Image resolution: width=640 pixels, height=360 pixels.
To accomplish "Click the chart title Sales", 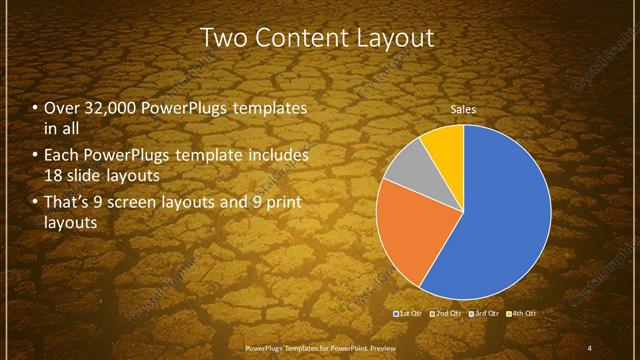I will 462,108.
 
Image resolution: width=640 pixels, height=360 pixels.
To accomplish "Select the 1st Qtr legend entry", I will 409,315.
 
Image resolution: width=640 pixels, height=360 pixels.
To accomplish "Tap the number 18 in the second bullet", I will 54,175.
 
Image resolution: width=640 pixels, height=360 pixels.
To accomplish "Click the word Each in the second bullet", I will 63,156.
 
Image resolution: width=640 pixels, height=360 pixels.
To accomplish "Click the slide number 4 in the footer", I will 590,346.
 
